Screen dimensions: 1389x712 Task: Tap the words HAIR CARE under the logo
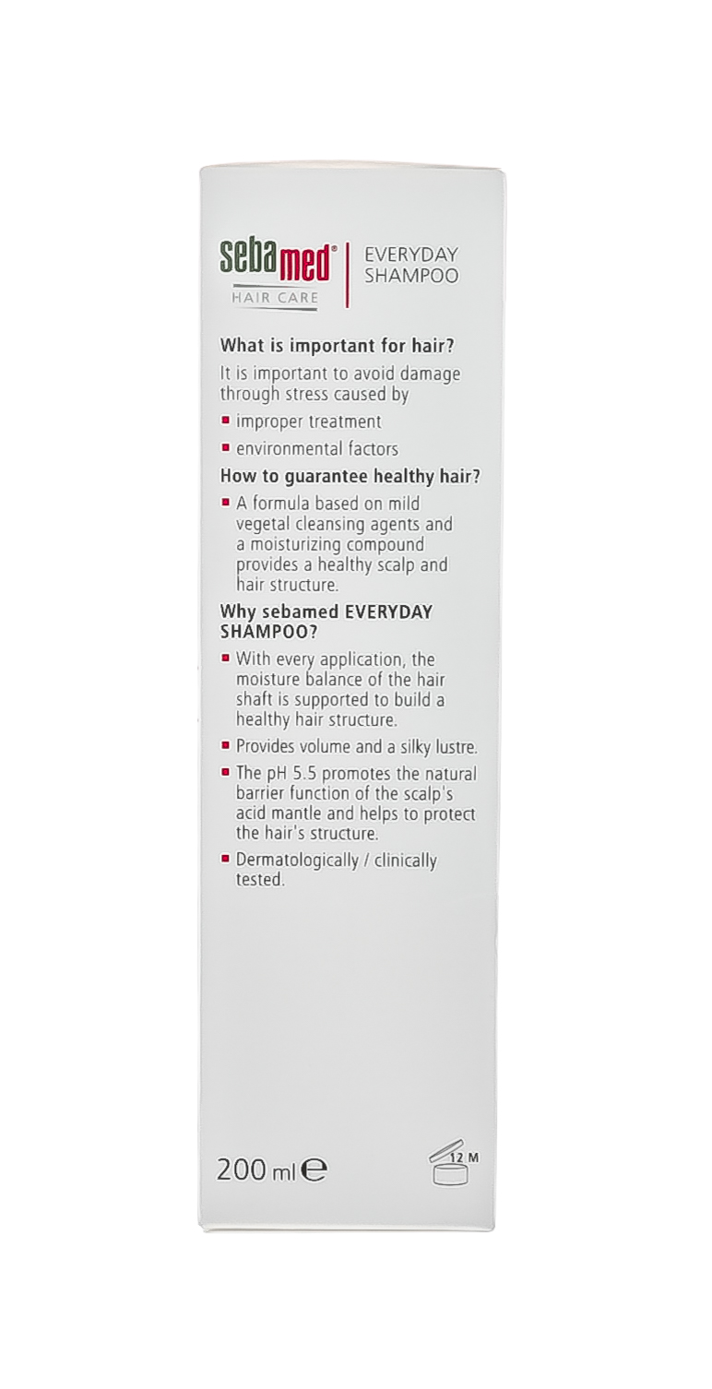tap(274, 297)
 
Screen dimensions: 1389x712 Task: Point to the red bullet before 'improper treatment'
tap(225, 421)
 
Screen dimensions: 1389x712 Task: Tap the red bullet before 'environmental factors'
tap(225, 448)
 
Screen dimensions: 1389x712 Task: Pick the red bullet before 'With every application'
tap(225, 659)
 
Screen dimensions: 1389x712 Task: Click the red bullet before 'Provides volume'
tap(225, 745)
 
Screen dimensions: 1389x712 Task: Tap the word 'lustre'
tap(454, 746)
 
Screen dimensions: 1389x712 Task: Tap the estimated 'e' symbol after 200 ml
tap(315, 1171)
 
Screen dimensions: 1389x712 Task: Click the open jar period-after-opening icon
tap(449, 1166)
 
